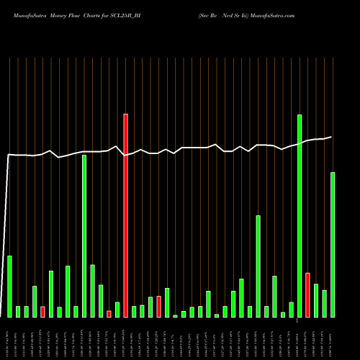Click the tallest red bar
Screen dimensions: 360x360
pyautogui.click(x=125, y=215)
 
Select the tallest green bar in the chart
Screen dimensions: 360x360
pyautogui.click(x=300, y=216)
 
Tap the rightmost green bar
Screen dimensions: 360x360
pyautogui.click(x=333, y=245)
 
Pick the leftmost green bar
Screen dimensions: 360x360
pyautogui.click(x=9, y=287)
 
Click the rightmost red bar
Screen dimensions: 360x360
pyautogui.click(x=308, y=295)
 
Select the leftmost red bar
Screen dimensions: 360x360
pyautogui.click(x=42, y=312)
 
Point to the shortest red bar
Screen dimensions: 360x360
pyautogui.click(x=109, y=314)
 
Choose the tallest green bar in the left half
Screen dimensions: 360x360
pyautogui.click(x=84, y=236)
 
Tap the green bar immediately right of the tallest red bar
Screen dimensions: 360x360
pyautogui.click(x=134, y=312)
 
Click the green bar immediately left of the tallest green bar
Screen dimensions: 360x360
pyautogui.click(x=292, y=310)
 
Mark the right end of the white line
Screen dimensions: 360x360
pyautogui.click(x=332, y=137)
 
